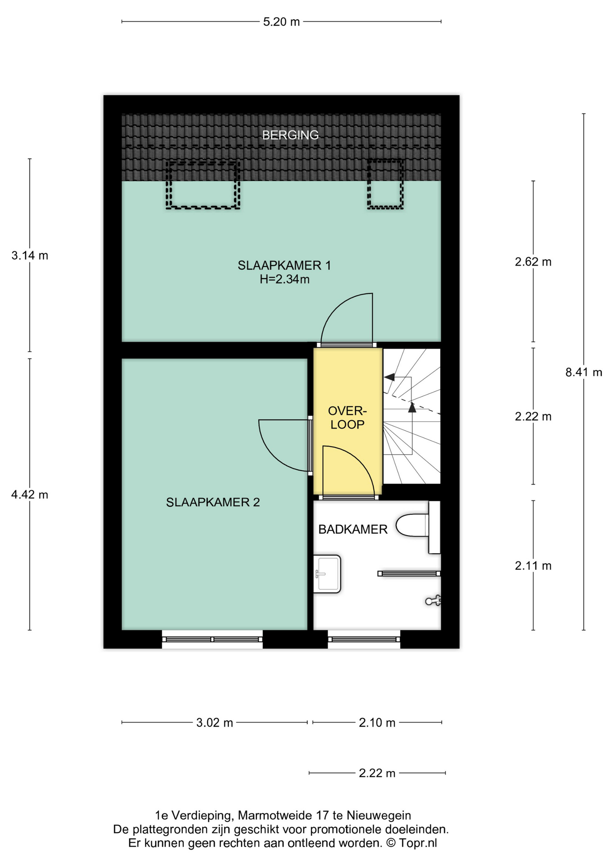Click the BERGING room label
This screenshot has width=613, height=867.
(x=290, y=135)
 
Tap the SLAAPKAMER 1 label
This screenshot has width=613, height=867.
(x=284, y=265)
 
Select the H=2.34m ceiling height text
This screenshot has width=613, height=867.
(x=284, y=279)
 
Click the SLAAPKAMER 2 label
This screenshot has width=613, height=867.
(x=213, y=502)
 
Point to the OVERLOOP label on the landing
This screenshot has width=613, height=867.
(x=347, y=417)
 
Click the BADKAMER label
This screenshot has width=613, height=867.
(x=353, y=529)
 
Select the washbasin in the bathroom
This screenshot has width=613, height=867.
(x=327, y=573)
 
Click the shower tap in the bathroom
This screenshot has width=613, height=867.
(x=433, y=601)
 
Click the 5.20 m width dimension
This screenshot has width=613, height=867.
(x=281, y=22)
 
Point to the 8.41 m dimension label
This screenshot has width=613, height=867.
(x=584, y=372)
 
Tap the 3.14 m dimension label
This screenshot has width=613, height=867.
(x=30, y=256)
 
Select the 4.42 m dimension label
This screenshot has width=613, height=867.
(x=30, y=495)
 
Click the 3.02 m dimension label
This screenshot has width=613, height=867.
(x=214, y=723)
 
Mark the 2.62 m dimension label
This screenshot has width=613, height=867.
(x=533, y=262)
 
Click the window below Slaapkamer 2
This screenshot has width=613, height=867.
(x=212, y=639)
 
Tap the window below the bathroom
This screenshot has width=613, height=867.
(x=364, y=639)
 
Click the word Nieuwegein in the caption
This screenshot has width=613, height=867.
(x=379, y=816)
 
